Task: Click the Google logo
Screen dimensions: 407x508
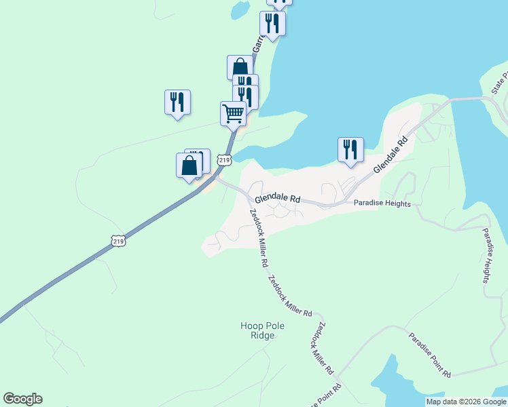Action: [22, 399]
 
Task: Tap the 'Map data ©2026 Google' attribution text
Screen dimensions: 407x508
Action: [466, 402]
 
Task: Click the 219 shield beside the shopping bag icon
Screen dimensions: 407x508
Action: [225, 159]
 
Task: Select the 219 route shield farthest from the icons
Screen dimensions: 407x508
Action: [118, 241]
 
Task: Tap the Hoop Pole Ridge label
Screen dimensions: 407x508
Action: [262, 330]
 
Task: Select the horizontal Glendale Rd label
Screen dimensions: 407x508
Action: [278, 199]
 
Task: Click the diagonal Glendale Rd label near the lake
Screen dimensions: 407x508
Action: [390, 153]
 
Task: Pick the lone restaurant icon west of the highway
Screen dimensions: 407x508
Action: [177, 102]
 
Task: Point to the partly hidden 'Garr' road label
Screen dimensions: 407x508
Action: [257, 44]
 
